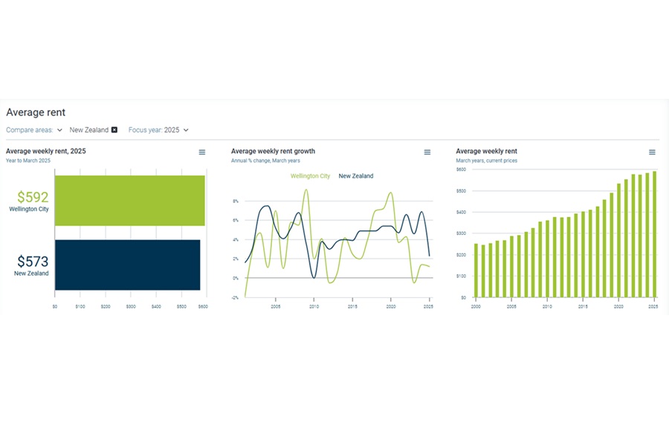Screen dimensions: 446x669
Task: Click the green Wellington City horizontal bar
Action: pyautogui.click(x=129, y=201)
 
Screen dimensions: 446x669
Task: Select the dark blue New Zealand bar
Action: pyautogui.click(x=127, y=265)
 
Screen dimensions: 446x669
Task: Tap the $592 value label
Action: pyautogui.click(x=33, y=198)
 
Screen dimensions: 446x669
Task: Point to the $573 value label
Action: pyautogui.click(x=33, y=262)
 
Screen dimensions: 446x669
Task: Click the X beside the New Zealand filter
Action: pyautogui.click(x=114, y=130)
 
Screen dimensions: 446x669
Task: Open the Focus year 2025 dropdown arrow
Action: pyautogui.click(x=186, y=130)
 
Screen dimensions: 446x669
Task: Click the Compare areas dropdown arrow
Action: pyautogui.click(x=59, y=130)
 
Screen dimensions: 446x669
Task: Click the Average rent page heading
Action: pyautogui.click(x=36, y=112)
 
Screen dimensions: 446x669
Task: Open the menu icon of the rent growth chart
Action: pyautogui.click(x=427, y=152)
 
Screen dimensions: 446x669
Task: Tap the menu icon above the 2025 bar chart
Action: pyautogui.click(x=202, y=152)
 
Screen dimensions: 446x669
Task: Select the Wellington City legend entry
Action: pyautogui.click(x=310, y=176)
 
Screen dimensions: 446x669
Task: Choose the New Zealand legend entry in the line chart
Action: pyautogui.click(x=356, y=176)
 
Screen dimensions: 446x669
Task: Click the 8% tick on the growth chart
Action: pyautogui.click(x=235, y=201)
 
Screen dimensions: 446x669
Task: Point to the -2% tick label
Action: pyautogui.click(x=235, y=297)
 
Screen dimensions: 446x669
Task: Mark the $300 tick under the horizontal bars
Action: pyautogui.click(x=130, y=306)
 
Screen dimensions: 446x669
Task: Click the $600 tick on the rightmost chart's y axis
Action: pyautogui.click(x=461, y=169)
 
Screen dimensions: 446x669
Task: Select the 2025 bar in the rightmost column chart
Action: pyautogui.click(x=654, y=234)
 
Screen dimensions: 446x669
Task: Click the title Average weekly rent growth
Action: pyautogui.click(x=273, y=151)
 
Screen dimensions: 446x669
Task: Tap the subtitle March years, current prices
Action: pyautogui.click(x=486, y=161)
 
